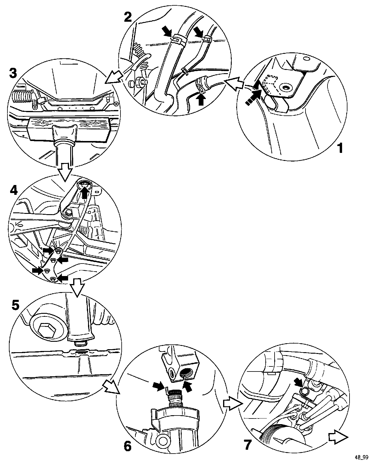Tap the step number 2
(128, 17)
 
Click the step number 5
(16, 305)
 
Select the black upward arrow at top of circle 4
(85, 194)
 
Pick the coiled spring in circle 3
(21, 97)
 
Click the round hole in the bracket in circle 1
(287, 87)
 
